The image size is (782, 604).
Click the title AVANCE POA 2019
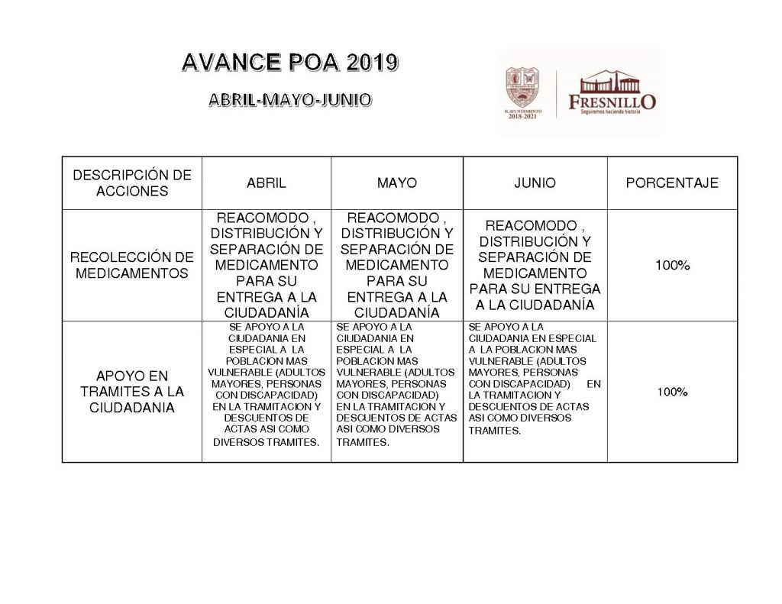point(289,63)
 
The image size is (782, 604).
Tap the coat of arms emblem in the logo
point(527,86)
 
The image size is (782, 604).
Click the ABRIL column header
point(266,183)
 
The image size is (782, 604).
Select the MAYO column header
point(396,183)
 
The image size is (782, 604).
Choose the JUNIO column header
point(535,183)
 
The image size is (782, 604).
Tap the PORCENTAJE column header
point(672,183)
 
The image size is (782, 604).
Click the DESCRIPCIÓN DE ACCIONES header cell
point(132,183)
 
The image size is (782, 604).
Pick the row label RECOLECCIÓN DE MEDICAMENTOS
point(132,265)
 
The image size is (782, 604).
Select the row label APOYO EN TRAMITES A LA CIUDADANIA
point(132,392)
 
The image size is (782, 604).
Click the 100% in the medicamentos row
point(672,265)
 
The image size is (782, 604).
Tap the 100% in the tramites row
point(672,392)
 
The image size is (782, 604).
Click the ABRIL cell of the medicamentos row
point(266,264)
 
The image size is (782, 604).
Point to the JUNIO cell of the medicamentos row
point(535,264)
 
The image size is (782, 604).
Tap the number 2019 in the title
point(371,63)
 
